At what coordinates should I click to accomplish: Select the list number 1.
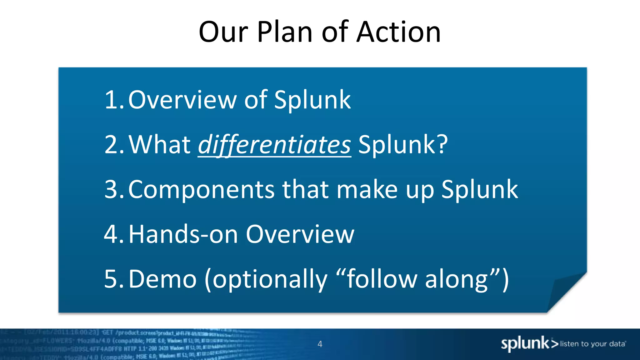112,100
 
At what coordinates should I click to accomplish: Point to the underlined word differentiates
274,145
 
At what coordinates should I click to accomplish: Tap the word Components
201,190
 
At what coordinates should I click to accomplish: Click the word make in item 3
367,189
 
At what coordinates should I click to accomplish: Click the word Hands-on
183,234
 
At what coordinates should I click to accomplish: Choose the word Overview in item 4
300,234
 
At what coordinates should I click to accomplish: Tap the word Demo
162,279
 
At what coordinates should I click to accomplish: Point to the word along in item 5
456,279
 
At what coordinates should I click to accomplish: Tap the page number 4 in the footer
320,344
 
